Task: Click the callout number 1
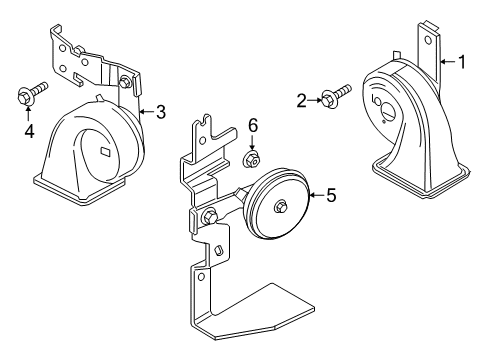[x=462, y=62]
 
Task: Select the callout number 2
[x=301, y=101]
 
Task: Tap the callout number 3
[x=161, y=112]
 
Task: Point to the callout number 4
[x=29, y=131]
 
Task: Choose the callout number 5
[x=331, y=195]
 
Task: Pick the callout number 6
[x=253, y=126]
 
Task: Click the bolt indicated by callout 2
[x=336, y=96]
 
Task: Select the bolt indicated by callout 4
[x=32, y=93]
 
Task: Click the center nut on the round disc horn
[x=281, y=207]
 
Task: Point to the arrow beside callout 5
[x=317, y=195]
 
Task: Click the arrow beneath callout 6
[x=252, y=143]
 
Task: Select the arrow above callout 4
[x=28, y=112]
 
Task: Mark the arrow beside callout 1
[x=448, y=62]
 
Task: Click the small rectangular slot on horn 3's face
[x=107, y=151]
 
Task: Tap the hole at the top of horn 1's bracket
[x=427, y=41]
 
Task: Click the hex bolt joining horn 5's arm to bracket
[x=209, y=216]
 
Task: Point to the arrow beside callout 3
[x=147, y=111]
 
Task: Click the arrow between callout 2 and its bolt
[x=315, y=100]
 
